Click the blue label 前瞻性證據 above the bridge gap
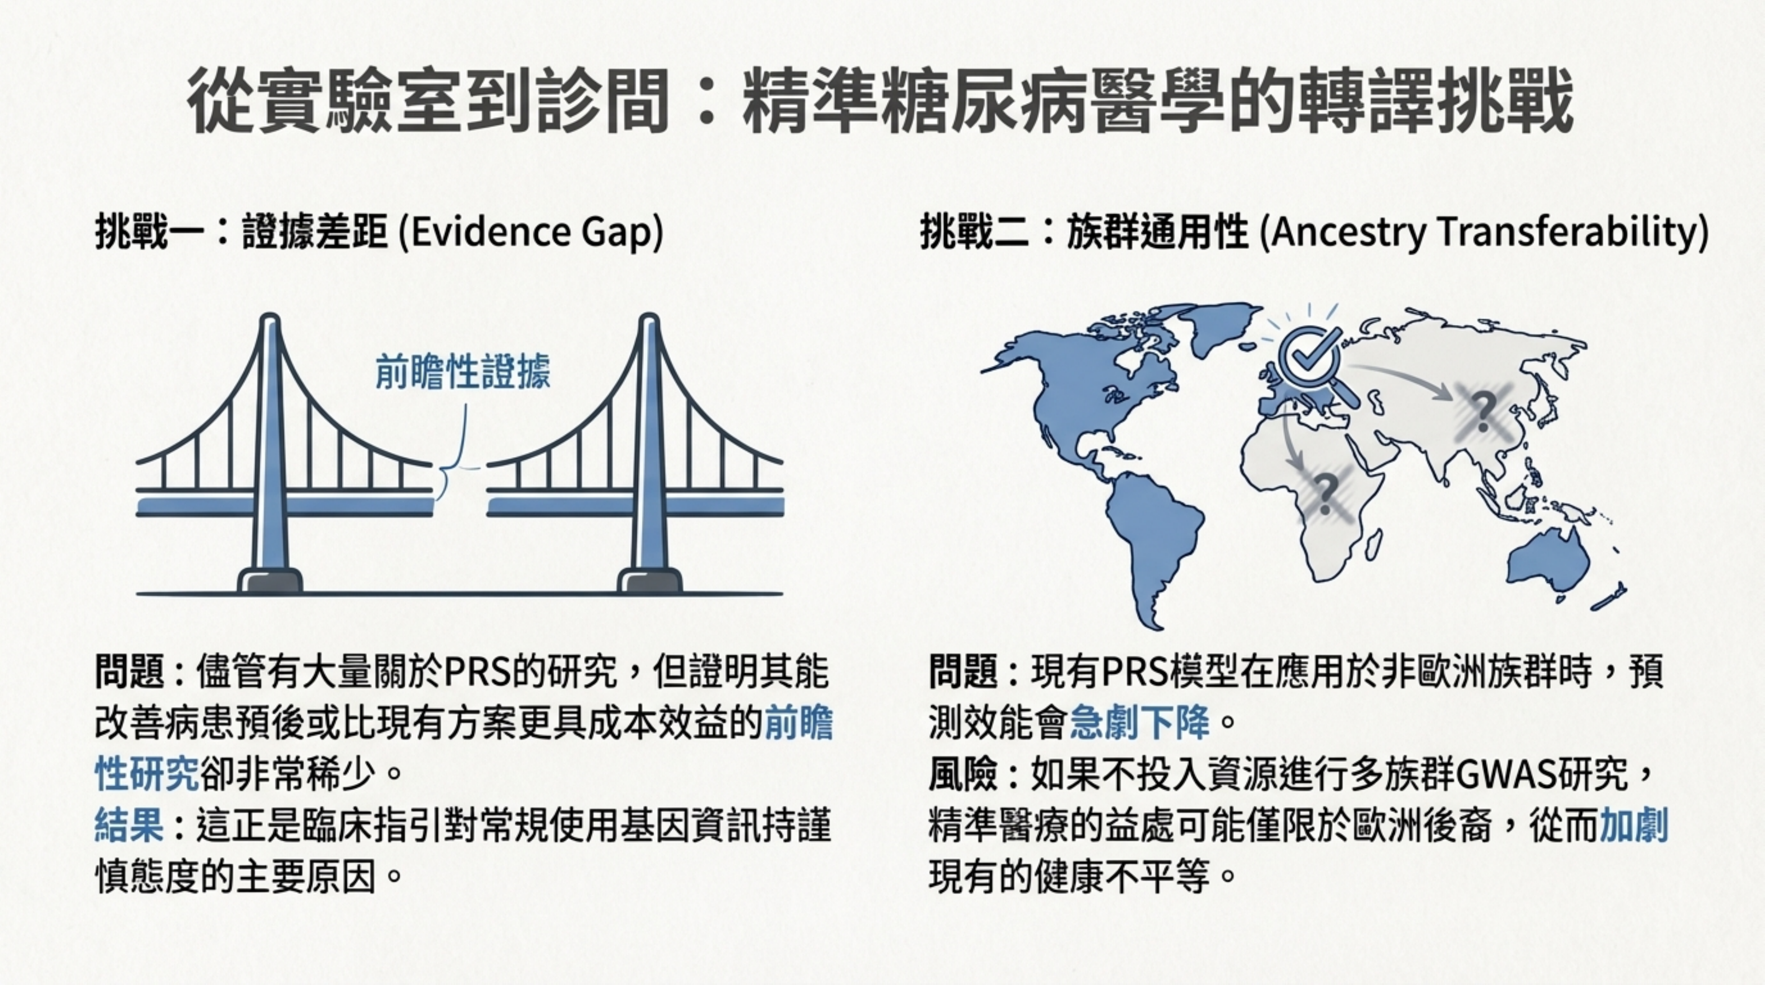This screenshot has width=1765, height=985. [463, 373]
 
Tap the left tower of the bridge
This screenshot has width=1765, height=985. [270, 452]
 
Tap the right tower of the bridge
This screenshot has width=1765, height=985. [649, 452]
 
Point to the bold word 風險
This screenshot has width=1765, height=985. [963, 774]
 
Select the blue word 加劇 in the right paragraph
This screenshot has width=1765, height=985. [1633, 825]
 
